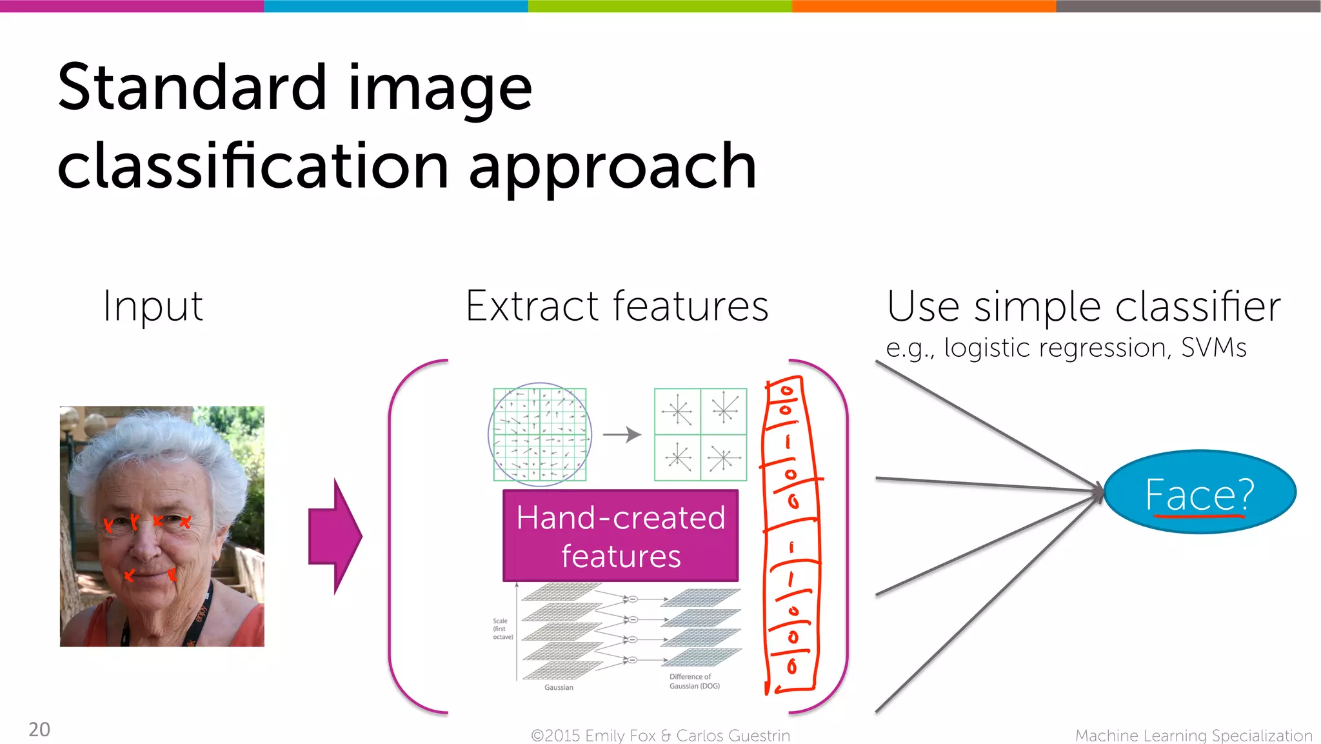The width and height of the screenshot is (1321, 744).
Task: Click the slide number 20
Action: (39, 729)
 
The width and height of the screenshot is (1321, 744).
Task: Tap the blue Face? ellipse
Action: (1200, 492)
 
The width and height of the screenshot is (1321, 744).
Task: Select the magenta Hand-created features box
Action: (621, 536)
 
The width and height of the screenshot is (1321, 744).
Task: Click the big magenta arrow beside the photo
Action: (335, 536)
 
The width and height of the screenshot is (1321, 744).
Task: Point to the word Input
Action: (153, 306)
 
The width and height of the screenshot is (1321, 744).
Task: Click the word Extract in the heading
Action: (533, 306)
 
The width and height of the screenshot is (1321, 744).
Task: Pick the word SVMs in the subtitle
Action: (1213, 348)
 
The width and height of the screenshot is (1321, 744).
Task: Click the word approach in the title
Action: (613, 166)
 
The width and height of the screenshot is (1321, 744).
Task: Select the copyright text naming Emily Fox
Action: (660, 736)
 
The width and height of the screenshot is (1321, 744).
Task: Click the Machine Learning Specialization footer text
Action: (1193, 736)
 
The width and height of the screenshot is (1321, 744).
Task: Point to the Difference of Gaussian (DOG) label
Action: (694, 681)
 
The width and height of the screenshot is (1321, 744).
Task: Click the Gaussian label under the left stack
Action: (559, 687)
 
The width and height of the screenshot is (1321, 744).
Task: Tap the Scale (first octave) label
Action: (502, 628)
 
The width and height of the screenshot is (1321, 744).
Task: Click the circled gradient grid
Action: (540, 434)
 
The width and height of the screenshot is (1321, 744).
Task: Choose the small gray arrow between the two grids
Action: (622, 434)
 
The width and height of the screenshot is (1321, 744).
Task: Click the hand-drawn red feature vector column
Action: (791, 536)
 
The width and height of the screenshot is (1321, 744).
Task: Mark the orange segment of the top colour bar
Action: (924, 6)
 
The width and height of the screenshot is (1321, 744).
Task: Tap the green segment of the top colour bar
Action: (660, 6)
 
